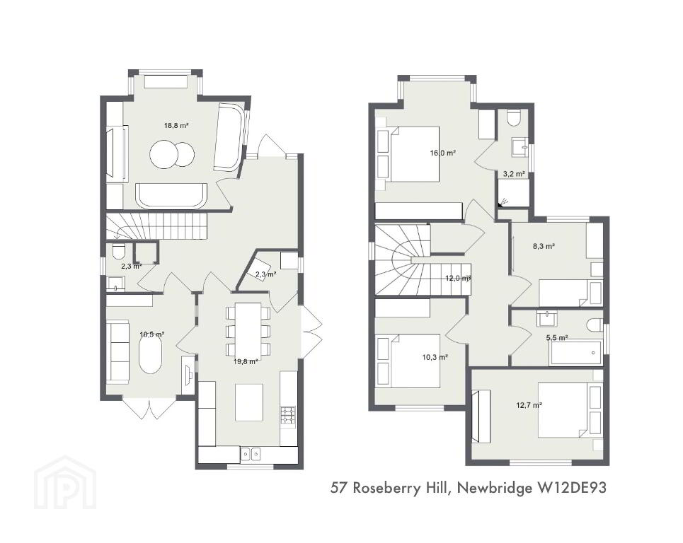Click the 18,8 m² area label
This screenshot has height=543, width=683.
(x=176, y=126)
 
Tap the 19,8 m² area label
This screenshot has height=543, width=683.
(x=246, y=361)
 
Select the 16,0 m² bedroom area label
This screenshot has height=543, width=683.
(x=442, y=153)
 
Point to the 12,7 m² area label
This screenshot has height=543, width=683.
(x=529, y=405)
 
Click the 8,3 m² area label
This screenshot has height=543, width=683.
(x=544, y=246)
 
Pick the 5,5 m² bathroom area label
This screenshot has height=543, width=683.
(x=557, y=337)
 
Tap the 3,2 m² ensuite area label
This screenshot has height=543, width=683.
(x=514, y=174)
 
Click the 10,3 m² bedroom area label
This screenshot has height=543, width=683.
(x=435, y=357)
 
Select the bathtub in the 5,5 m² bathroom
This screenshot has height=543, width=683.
(x=575, y=353)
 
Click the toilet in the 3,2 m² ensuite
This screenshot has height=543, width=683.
(x=514, y=117)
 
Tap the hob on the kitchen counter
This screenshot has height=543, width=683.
(x=288, y=415)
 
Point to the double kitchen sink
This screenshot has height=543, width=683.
(x=251, y=454)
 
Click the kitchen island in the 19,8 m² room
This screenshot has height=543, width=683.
(x=249, y=402)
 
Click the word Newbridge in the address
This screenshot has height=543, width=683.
(x=495, y=488)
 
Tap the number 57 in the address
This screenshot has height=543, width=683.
(x=339, y=488)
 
